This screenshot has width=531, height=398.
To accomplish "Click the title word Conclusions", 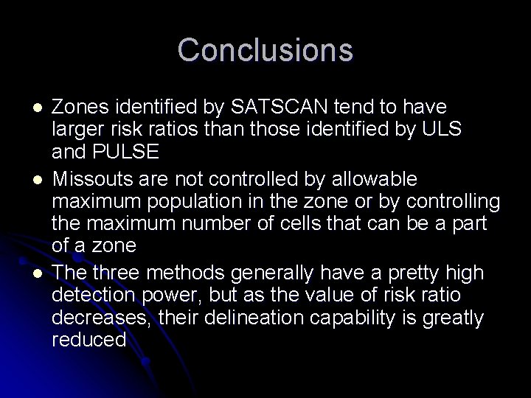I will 265,50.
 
